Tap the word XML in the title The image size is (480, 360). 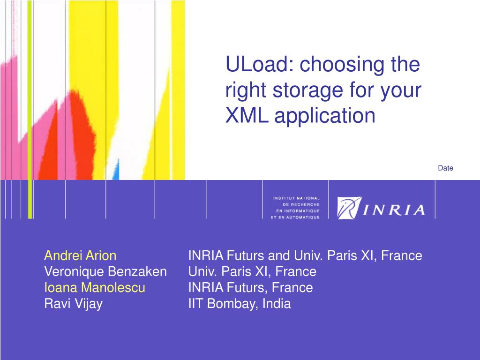pyautogui.click(x=247, y=115)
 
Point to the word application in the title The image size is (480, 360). pyautogui.click(x=324, y=116)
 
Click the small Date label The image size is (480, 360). pyautogui.click(x=445, y=168)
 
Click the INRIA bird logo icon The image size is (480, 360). pyautogui.click(x=349, y=208)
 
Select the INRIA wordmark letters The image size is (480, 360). pyautogui.click(x=394, y=210)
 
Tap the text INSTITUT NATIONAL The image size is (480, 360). pyautogui.click(x=296, y=198)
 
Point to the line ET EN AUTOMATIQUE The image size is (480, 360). pyautogui.click(x=295, y=217)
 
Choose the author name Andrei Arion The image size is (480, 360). pyautogui.click(x=80, y=255)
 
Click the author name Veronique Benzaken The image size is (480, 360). pyautogui.click(x=105, y=271)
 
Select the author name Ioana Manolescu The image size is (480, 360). pyautogui.click(x=95, y=287)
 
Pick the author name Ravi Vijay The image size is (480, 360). pyautogui.click(x=74, y=304)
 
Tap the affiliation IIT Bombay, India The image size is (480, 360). pyautogui.click(x=240, y=304)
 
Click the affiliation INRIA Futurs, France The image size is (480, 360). pyautogui.click(x=251, y=287)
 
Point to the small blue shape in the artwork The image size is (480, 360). pyautogui.click(x=116, y=169)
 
